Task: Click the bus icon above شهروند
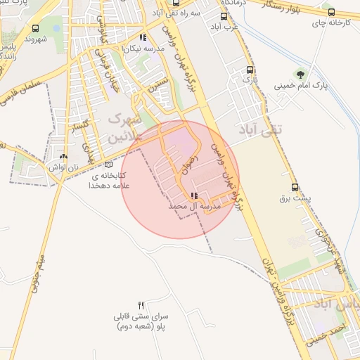tap(36, 29)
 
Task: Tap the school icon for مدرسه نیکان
tap(143, 38)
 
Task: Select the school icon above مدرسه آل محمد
tap(194, 196)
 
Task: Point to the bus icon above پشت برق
tap(295, 187)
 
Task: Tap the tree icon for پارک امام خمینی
tap(302, 74)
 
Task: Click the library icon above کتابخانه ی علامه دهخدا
tap(108, 165)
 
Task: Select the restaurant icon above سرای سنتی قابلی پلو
tap(141, 305)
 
